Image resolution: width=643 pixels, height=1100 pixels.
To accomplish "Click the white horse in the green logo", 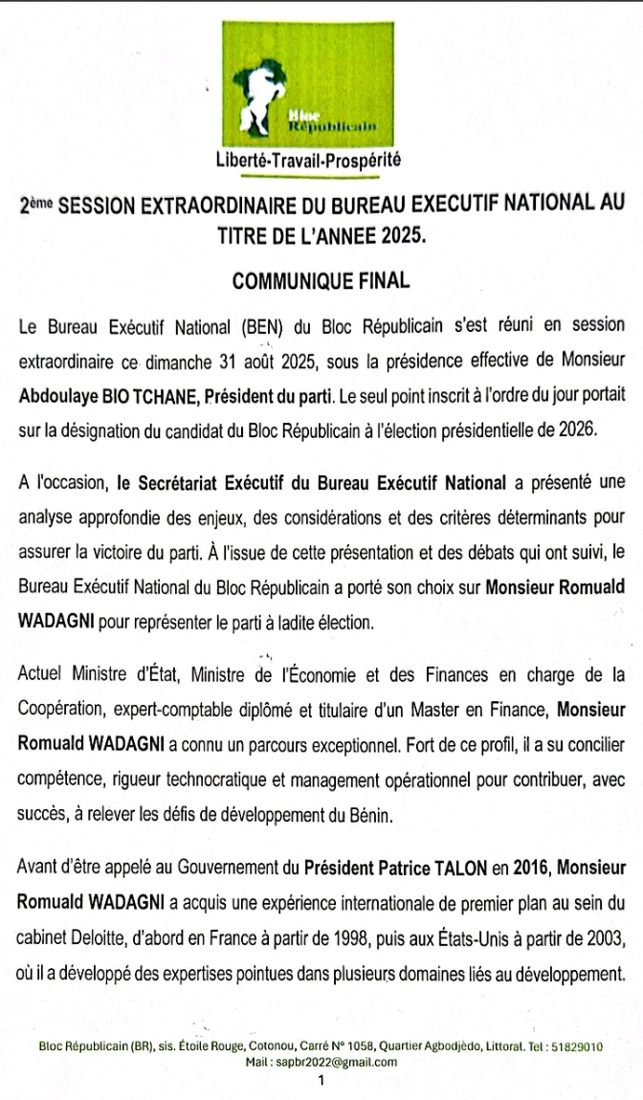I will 261,95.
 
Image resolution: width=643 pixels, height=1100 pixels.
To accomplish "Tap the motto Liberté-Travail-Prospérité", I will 308,161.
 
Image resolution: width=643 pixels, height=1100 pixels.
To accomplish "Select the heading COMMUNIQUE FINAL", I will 321,281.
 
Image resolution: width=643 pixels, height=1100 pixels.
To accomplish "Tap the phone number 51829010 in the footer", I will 581,1047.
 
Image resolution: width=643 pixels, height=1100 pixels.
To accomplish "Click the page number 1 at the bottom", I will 321,1082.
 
